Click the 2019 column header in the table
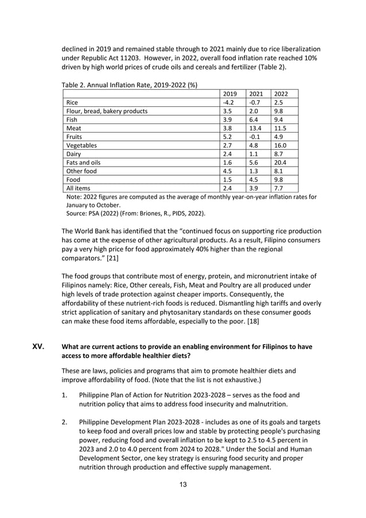click(x=229, y=93)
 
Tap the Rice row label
click(x=73, y=102)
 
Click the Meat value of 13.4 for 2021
click(x=255, y=128)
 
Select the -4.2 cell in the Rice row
click(x=229, y=102)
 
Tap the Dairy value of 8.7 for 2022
click(x=279, y=154)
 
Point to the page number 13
click(x=182, y=484)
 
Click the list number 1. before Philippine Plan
click(x=65, y=395)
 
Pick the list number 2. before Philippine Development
click(x=65, y=422)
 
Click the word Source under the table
click(x=78, y=213)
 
